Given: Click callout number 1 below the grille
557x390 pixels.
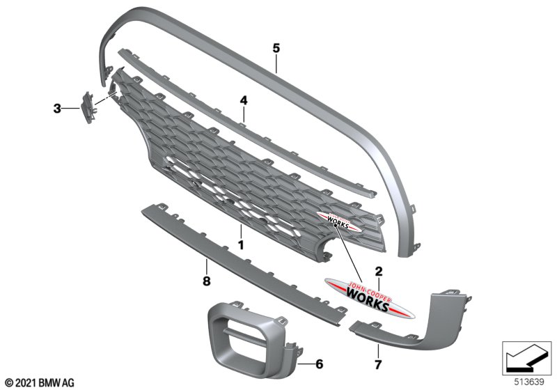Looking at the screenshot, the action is pyautogui.click(x=241, y=246).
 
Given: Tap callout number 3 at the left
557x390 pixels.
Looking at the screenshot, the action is pyautogui.click(x=57, y=109).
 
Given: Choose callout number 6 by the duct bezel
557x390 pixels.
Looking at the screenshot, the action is pyautogui.click(x=320, y=363).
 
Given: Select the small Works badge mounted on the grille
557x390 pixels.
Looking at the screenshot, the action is pyautogui.click(x=337, y=221).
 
